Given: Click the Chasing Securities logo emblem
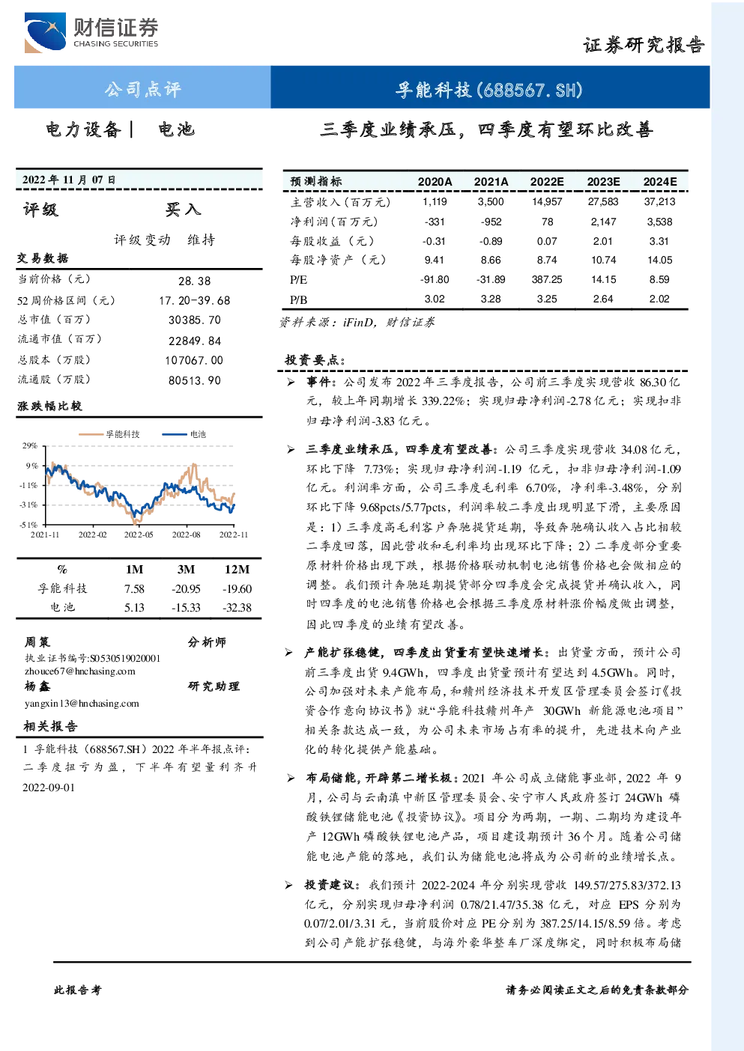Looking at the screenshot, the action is coord(45,32).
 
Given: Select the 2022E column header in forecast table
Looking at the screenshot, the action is coord(547,182).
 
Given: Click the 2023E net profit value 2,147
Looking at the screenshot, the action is coord(603,222).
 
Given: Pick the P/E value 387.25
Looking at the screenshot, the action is coord(547,279).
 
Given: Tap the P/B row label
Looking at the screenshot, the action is coord(298,299).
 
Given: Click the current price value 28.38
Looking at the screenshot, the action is coord(195,281).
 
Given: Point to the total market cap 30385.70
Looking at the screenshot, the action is coord(195,320).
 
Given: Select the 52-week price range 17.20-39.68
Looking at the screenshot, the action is coord(195,300).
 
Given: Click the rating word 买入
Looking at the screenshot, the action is coord(183,210).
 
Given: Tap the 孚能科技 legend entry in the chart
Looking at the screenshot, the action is coord(109,434).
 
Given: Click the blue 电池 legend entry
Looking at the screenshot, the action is coord(184,434).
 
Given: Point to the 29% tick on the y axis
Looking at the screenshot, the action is coord(30,445).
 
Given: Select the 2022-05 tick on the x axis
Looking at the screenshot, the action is coord(139,534).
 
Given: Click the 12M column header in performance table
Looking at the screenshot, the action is coord(238,569).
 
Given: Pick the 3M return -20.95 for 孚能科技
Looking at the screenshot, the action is coord(186,588).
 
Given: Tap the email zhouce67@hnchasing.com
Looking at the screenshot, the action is coord(80,671).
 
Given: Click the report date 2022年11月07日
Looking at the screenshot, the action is coord(69,179).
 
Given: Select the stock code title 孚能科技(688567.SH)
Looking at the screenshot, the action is coord(489,89).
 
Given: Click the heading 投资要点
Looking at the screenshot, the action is coord(315,360).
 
